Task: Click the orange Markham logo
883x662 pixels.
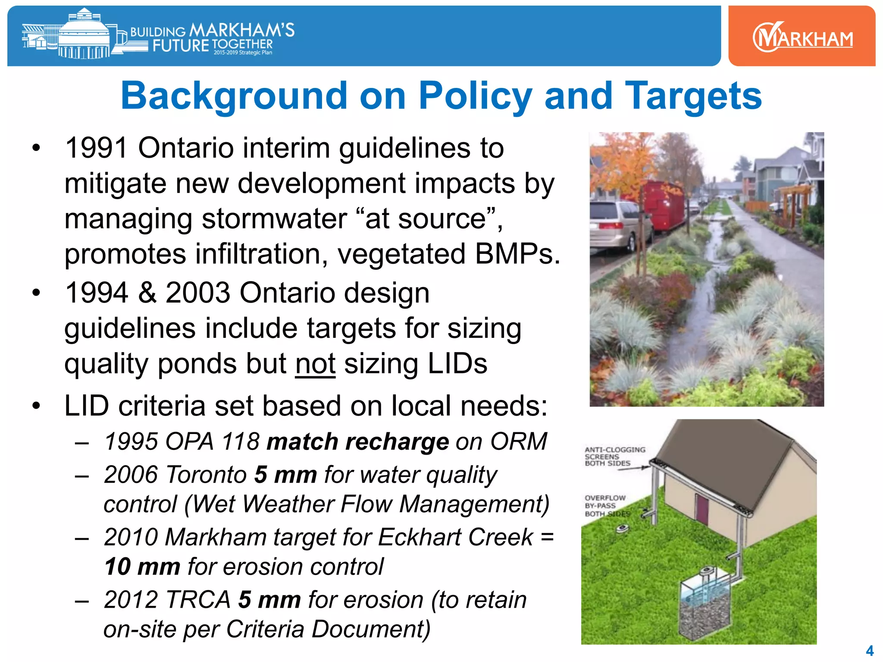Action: tap(802, 37)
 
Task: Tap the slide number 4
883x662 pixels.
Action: tap(870, 650)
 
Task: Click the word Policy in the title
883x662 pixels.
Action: tap(475, 96)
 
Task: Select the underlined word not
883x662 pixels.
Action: tap(315, 364)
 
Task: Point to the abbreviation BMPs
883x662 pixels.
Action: tap(517, 254)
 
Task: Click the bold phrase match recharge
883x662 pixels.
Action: tap(357, 442)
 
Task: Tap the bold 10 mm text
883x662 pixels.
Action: tap(142, 566)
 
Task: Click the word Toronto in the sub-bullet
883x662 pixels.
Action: tap(206, 475)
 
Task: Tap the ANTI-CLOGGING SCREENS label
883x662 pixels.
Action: tap(614, 456)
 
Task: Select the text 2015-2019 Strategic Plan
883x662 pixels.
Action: tap(243, 53)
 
